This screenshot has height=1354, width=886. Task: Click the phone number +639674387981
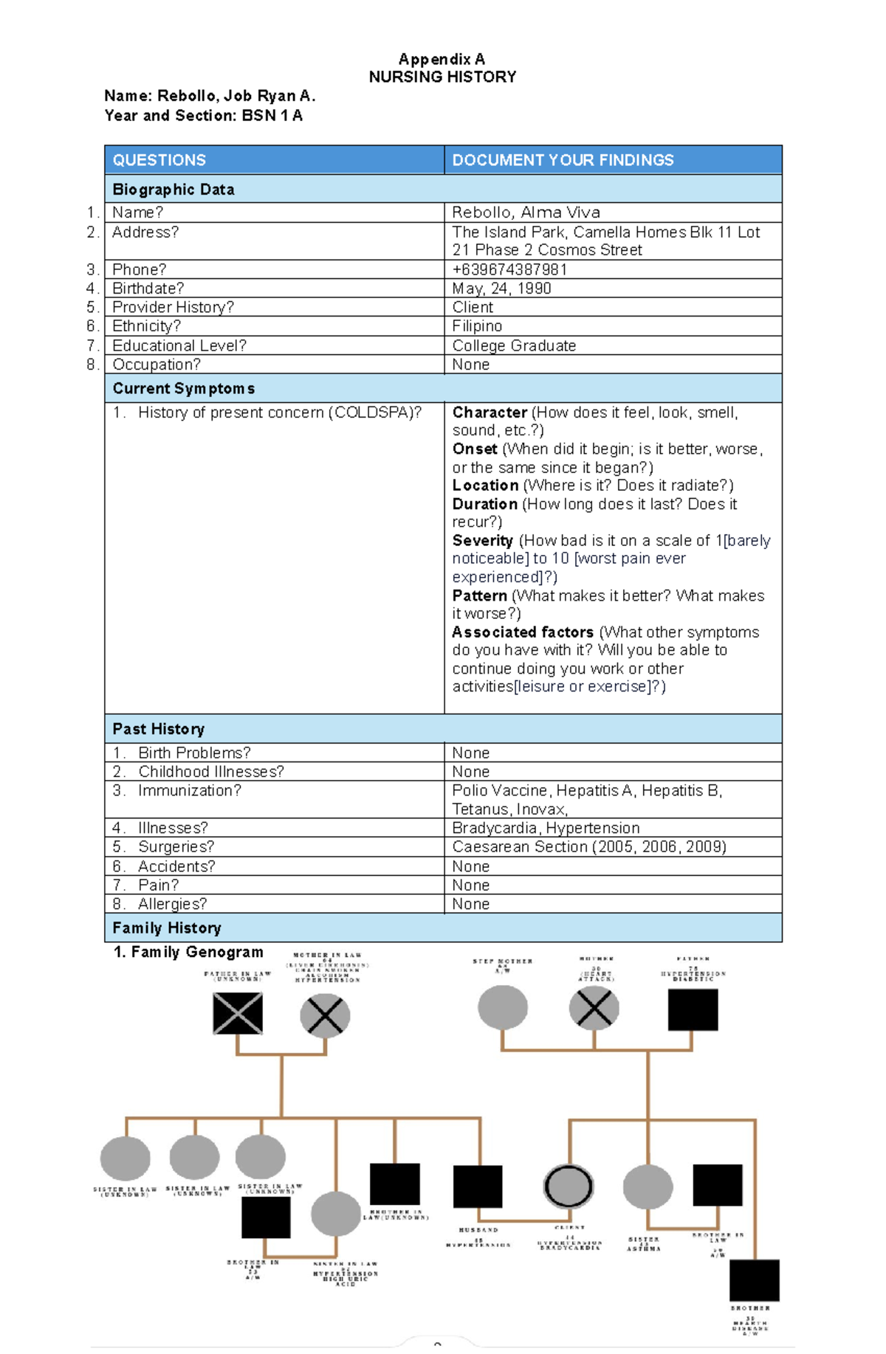[x=509, y=269]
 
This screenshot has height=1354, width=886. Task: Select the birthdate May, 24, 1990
[x=501, y=289]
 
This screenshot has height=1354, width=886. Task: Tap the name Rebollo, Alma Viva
[x=526, y=213]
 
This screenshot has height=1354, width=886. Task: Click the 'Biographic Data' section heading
[x=174, y=190]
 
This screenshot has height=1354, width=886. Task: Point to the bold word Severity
[x=482, y=541]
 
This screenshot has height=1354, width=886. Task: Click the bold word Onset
[x=475, y=449]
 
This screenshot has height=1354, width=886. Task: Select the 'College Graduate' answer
[x=514, y=345]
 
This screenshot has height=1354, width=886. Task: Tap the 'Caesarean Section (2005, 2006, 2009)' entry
[x=588, y=846]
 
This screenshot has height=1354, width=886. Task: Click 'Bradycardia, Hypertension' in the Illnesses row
[x=546, y=828]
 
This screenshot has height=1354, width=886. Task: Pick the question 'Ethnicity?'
[x=146, y=326]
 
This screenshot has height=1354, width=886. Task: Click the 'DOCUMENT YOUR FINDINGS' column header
[x=563, y=160]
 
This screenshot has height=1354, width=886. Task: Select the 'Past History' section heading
[x=159, y=729]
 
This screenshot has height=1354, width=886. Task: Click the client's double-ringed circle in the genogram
[x=569, y=1187]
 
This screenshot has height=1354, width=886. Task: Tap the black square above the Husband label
[x=478, y=1187]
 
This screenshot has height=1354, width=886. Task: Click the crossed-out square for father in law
[x=238, y=1013]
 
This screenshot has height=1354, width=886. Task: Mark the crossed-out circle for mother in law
[x=325, y=1015]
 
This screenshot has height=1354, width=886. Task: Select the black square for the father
[x=693, y=1009]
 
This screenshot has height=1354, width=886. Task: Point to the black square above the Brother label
[x=754, y=1280]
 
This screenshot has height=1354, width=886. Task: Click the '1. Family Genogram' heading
[x=189, y=953]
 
